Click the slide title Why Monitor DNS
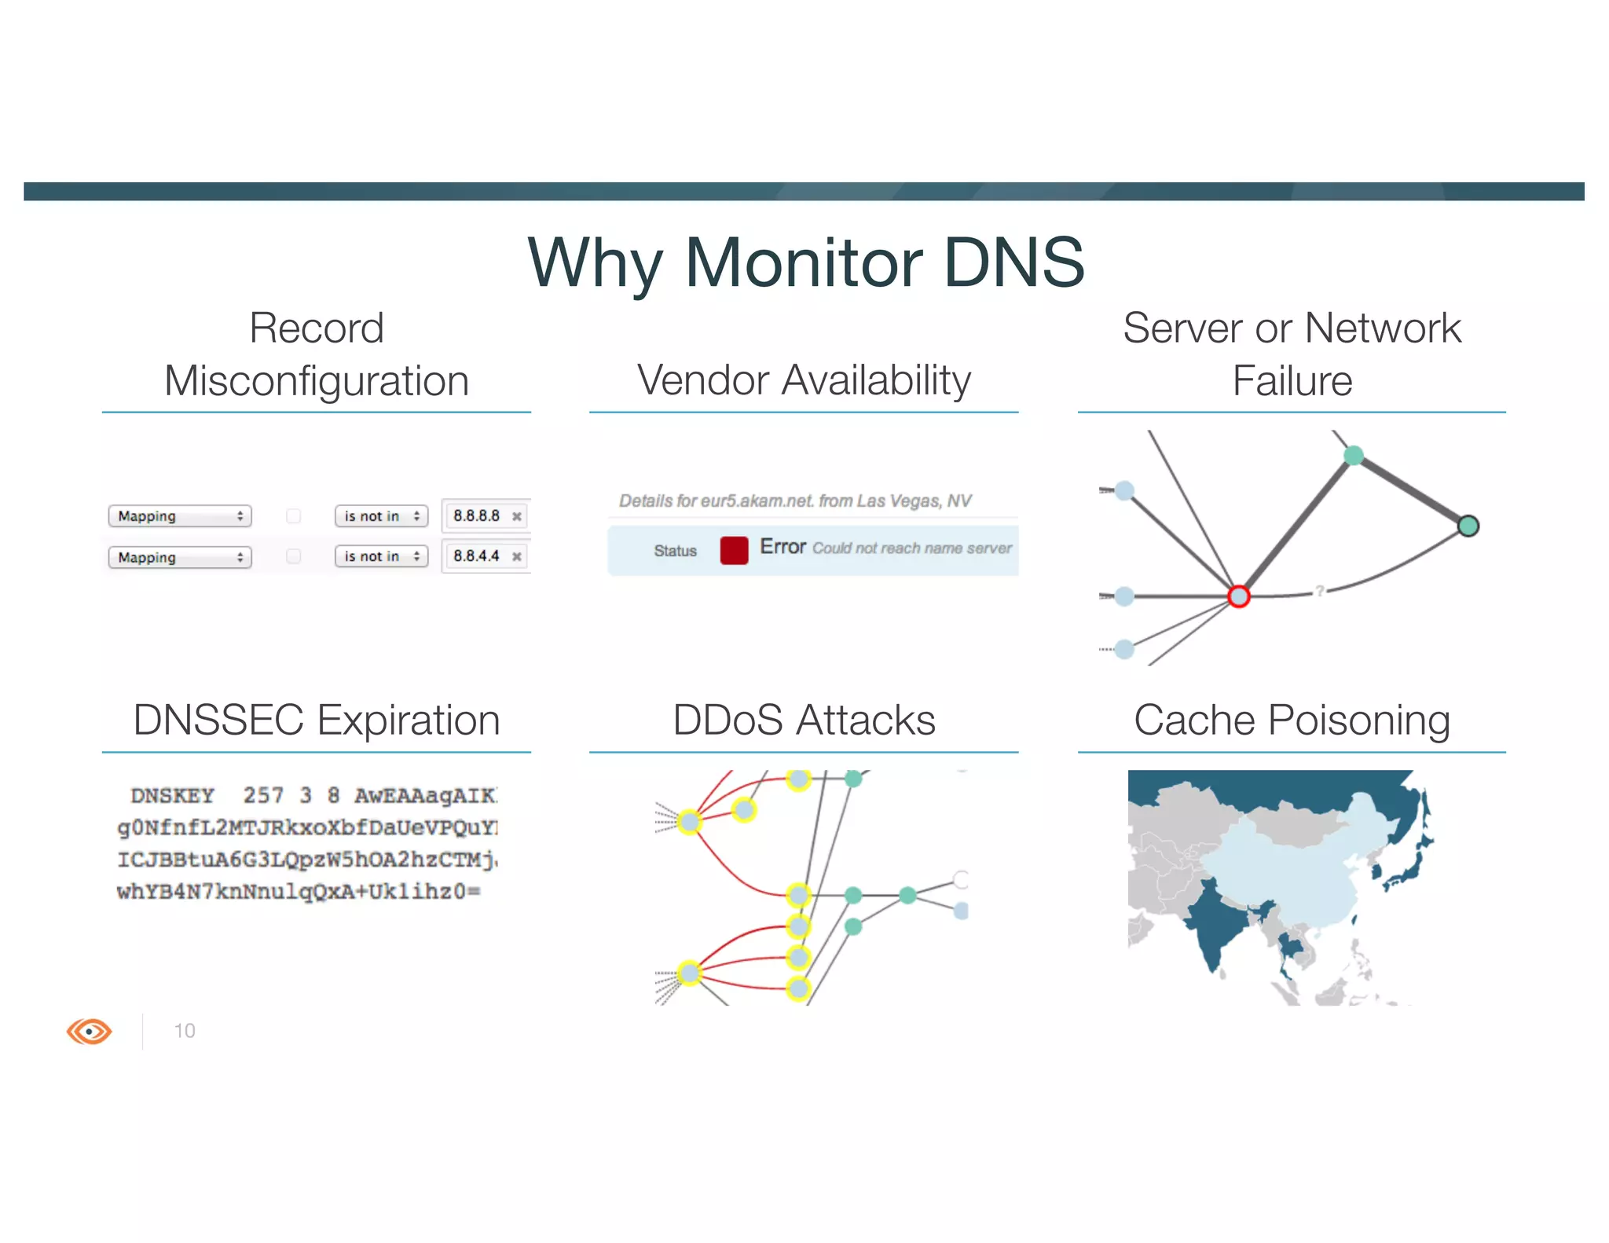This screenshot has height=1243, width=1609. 805,262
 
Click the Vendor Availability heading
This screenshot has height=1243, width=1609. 804,380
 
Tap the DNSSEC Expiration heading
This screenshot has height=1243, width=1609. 317,720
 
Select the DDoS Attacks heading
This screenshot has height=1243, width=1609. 804,720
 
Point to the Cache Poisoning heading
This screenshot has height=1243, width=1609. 1292,720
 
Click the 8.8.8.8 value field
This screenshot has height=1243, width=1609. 476,515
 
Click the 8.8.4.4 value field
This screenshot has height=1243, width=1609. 476,556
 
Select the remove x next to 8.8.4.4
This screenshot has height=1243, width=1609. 516,556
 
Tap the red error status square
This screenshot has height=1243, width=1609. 733,550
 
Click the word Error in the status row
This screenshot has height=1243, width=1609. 783,547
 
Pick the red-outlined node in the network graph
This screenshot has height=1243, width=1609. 1238,596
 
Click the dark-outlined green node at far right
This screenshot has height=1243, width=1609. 1468,526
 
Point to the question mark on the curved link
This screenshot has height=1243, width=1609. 1320,590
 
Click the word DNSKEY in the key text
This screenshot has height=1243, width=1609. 172,796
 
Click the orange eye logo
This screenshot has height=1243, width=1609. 90,1031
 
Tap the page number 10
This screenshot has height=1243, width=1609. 185,1031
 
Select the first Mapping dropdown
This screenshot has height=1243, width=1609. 180,516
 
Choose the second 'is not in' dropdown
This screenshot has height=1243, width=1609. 381,556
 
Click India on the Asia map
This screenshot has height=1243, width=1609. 1214,927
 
